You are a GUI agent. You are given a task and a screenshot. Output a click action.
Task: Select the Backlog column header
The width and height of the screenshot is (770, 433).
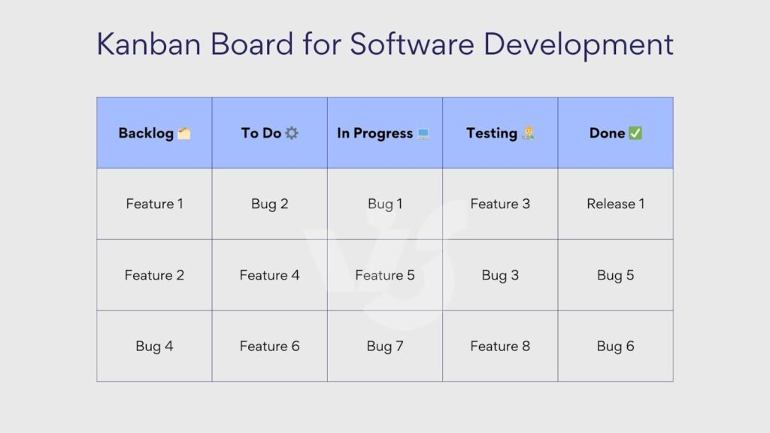point(146,133)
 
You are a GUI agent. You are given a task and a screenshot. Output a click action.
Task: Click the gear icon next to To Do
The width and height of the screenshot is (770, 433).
point(292,133)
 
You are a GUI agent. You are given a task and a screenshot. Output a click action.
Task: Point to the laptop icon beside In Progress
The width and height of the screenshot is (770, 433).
point(424,134)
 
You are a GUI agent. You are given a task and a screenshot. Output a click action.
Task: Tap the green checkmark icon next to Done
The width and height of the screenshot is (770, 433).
point(635,133)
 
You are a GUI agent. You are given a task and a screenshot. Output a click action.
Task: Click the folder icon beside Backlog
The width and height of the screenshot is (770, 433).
point(184,133)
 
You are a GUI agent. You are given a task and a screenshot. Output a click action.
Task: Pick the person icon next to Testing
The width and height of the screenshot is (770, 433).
point(528,134)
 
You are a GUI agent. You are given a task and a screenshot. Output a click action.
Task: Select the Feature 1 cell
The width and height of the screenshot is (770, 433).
point(154,204)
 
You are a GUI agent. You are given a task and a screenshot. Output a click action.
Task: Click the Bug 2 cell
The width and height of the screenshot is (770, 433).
point(269,204)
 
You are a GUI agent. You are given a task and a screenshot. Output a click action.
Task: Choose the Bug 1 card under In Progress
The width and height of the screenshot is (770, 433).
point(385,204)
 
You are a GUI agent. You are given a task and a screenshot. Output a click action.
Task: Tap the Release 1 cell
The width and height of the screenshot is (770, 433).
point(615,204)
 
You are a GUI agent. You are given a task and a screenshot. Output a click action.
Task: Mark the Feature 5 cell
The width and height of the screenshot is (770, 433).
point(385,275)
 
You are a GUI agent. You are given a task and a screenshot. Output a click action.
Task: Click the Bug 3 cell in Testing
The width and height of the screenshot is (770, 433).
point(500,275)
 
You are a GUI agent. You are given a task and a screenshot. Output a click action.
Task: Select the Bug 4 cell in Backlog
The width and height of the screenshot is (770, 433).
point(154,346)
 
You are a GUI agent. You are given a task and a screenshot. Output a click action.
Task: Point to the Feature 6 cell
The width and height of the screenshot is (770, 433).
point(269,346)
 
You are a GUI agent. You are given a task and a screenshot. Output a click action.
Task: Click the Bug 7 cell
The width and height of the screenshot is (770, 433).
point(385,346)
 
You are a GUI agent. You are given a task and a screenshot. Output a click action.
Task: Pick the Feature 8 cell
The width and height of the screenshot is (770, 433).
point(500,346)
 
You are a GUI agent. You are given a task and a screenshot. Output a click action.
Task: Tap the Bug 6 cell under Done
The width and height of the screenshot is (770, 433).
point(615,346)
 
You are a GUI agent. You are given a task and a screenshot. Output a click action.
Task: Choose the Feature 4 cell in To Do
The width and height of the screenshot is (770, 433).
point(269,275)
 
